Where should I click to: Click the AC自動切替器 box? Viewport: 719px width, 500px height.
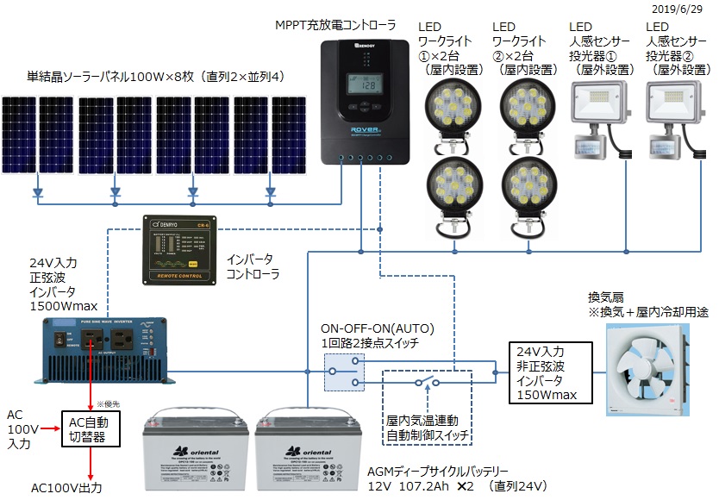[x=91, y=426]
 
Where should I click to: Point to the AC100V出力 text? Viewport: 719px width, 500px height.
[x=66, y=488]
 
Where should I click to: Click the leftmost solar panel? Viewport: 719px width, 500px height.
[x=20, y=134]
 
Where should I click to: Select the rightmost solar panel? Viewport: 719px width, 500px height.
[x=288, y=134]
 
